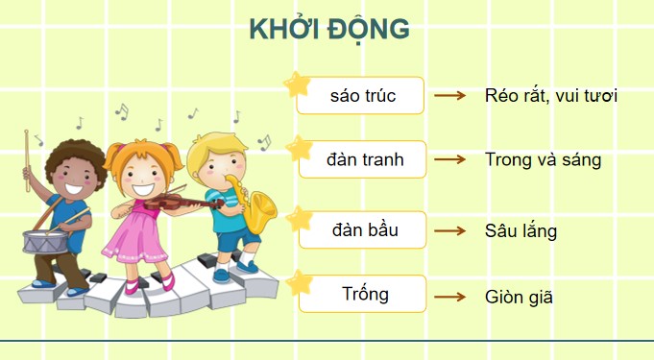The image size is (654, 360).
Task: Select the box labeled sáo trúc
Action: click(x=362, y=96)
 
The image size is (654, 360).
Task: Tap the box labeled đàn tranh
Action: click(x=362, y=160)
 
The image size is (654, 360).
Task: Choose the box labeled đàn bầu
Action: click(x=362, y=230)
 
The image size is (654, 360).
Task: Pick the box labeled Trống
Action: click(x=362, y=294)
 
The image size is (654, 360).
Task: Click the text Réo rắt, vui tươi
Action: click(x=551, y=96)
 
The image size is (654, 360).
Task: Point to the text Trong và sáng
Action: click(x=543, y=160)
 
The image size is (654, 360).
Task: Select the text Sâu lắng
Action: click(x=521, y=231)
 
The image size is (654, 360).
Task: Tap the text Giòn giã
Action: click(x=520, y=297)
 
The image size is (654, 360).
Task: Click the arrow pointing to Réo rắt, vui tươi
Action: click(x=449, y=97)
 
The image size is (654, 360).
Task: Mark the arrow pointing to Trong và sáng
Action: click(x=449, y=160)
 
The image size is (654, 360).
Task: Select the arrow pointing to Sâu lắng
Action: click(x=449, y=231)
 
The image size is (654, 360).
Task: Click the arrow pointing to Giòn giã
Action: click(x=449, y=297)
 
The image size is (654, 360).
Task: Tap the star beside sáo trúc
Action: click(x=299, y=85)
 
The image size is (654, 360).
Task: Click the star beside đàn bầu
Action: click(x=300, y=218)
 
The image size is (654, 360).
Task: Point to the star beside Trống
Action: click(x=300, y=282)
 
